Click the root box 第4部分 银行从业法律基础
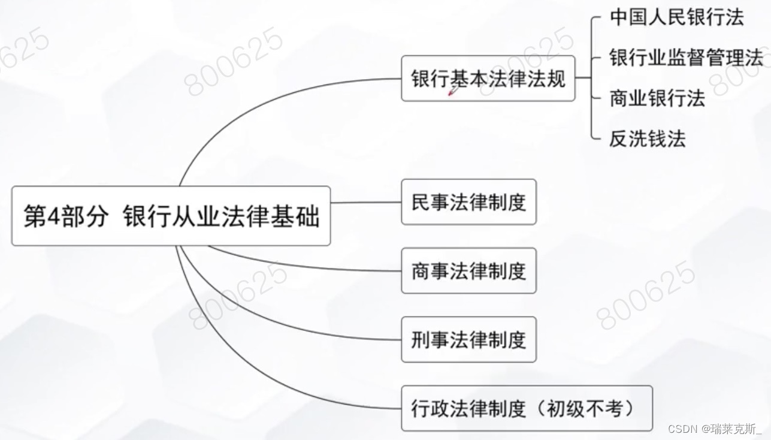tap(171, 216)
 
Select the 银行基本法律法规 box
tap(488, 79)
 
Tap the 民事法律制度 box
tap(468, 202)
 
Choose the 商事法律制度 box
tap(468, 271)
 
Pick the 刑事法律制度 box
tap(468, 340)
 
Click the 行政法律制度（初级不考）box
tap(526, 408)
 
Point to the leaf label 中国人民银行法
tap(676, 17)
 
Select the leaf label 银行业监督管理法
tap(686, 58)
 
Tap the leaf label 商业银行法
tap(657, 98)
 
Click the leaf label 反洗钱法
tap(647, 138)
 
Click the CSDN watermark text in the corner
tap(714, 429)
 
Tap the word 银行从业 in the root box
tap(165, 216)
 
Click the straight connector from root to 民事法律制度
tap(365, 203)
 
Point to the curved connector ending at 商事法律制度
tap(300, 264)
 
